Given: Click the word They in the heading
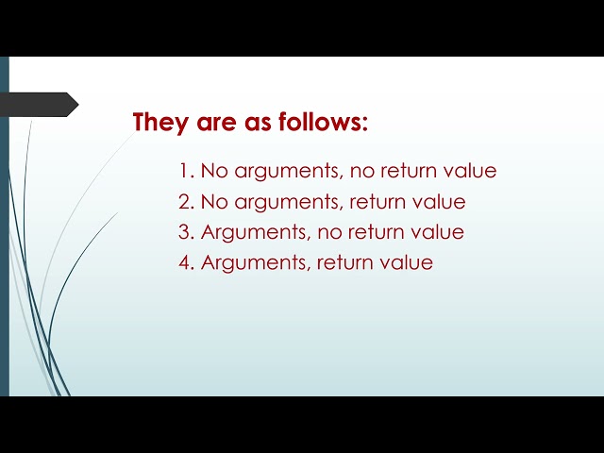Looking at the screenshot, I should click(x=161, y=123).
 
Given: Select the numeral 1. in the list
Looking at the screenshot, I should click(x=186, y=172).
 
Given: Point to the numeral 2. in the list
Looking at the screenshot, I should click(x=186, y=202).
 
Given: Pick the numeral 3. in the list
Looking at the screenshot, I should click(x=186, y=232).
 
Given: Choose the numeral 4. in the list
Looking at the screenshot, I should click(x=186, y=262).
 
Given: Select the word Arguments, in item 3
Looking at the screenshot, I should click(x=255, y=233).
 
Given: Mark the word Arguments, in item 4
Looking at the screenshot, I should click(x=255, y=263).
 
